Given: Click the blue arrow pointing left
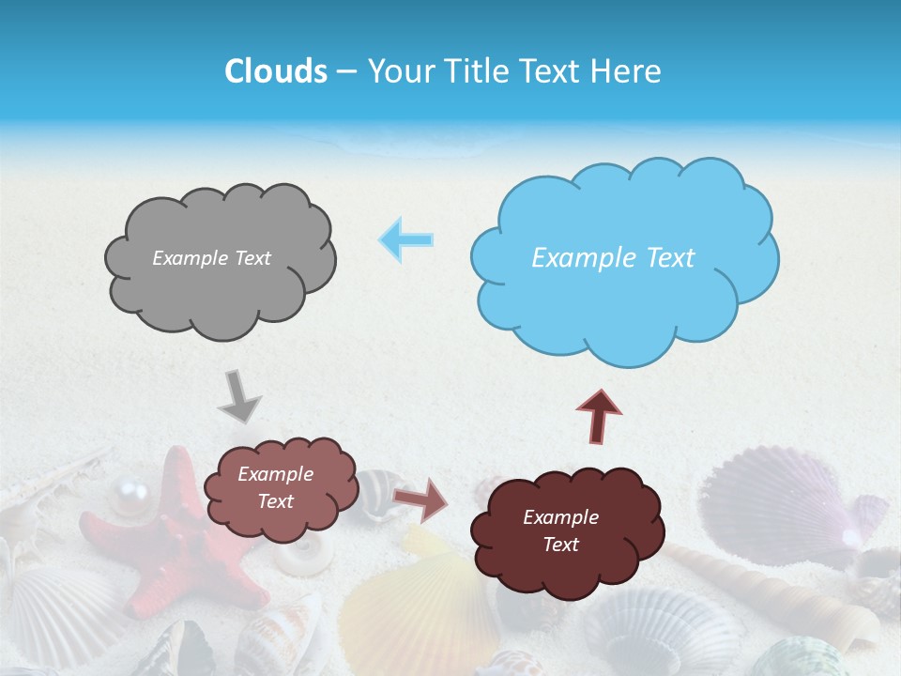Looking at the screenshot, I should (x=406, y=240).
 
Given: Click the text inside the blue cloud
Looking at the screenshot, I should (x=613, y=258).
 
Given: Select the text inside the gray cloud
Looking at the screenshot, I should (x=211, y=258).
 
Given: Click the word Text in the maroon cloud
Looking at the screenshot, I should (x=561, y=545).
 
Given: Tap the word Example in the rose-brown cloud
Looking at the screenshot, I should (x=275, y=475).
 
